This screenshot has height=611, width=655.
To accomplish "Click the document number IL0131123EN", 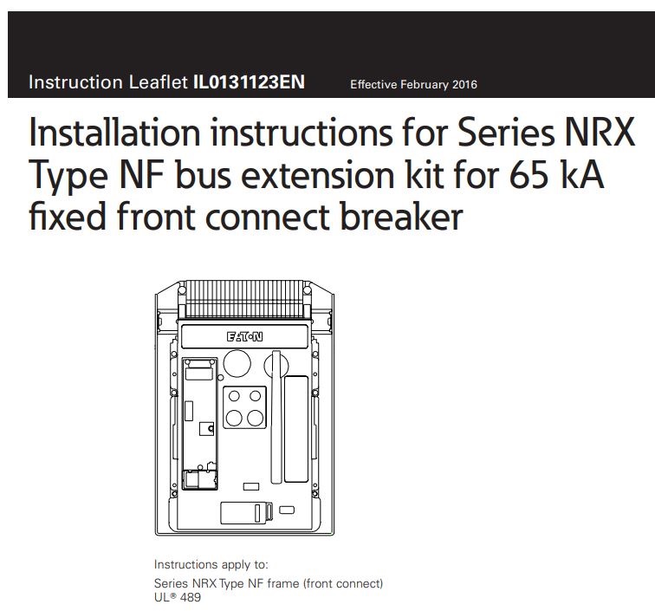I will tap(250, 83).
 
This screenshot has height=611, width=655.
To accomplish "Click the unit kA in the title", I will tap(576, 174).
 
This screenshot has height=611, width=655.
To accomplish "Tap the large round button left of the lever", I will tap(236, 363).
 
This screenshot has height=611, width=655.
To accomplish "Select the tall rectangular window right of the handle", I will tap(295, 419).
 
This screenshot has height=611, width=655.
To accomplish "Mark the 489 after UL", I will tap(190, 596).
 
